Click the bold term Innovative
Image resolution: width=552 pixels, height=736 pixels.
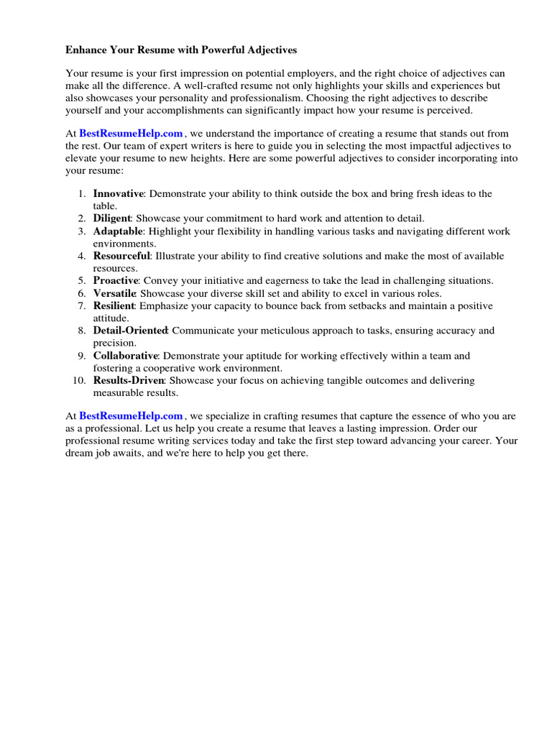[119, 194]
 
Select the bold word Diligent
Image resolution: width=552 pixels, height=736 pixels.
[111, 218]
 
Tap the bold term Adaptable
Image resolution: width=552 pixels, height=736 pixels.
[118, 231]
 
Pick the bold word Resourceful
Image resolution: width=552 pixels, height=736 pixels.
[121, 256]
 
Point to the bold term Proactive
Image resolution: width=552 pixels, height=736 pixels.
[115, 281]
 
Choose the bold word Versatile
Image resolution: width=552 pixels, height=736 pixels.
[114, 293]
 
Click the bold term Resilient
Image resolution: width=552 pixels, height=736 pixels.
[114, 306]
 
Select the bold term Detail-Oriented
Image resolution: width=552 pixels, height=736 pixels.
[130, 331]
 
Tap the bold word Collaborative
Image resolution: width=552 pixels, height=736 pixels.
[126, 356]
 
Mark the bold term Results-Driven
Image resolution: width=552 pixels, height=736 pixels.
[129, 380]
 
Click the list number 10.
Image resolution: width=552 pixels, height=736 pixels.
[79, 380]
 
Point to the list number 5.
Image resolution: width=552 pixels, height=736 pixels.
[82, 281]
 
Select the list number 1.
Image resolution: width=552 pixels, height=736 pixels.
[82, 194]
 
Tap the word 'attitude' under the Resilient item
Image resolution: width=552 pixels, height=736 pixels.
[111, 318]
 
